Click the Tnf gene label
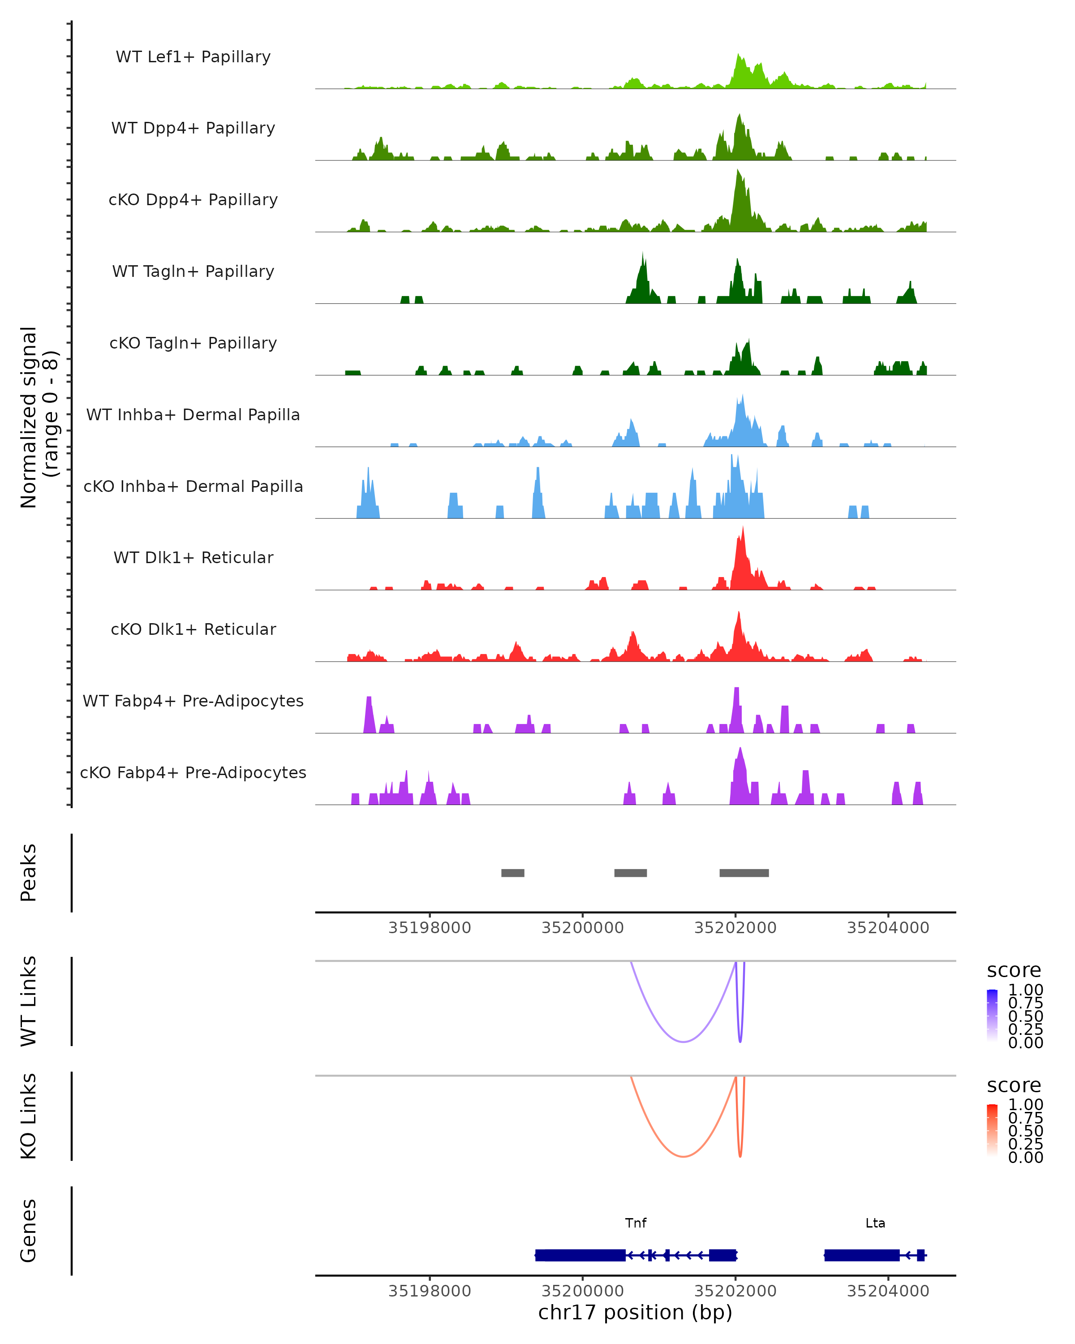click(636, 1223)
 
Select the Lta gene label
click(875, 1223)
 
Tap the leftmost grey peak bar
click(512, 873)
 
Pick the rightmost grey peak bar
click(744, 873)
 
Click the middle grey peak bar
click(630, 873)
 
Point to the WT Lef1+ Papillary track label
click(193, 57)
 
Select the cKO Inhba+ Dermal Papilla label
click(193, 486)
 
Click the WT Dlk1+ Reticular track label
click(193, 558)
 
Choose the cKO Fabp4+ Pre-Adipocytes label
click(193, 772)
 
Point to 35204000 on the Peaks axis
click(888, 928)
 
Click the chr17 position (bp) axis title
click(635, 1313)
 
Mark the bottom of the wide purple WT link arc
click(684, 1042)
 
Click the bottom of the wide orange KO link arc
click(684, 1156)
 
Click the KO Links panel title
click(28, 1116)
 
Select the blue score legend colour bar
click(992, 1016)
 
